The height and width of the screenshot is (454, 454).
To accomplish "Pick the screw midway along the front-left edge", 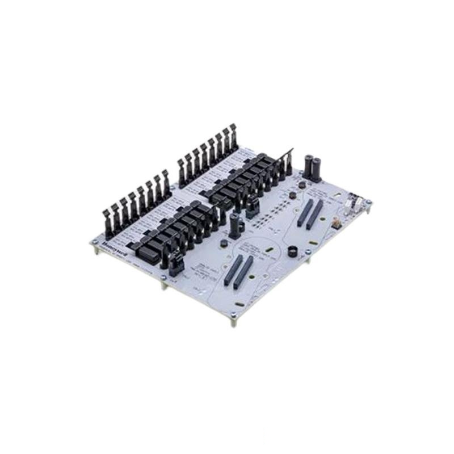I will pos(163,278).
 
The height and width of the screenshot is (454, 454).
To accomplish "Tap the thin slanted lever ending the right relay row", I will pos(289,161).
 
